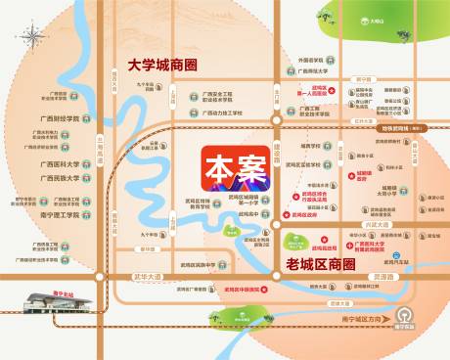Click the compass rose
coord(34,38)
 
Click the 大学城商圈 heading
coord(157,67)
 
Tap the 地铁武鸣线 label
coord(393,128)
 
